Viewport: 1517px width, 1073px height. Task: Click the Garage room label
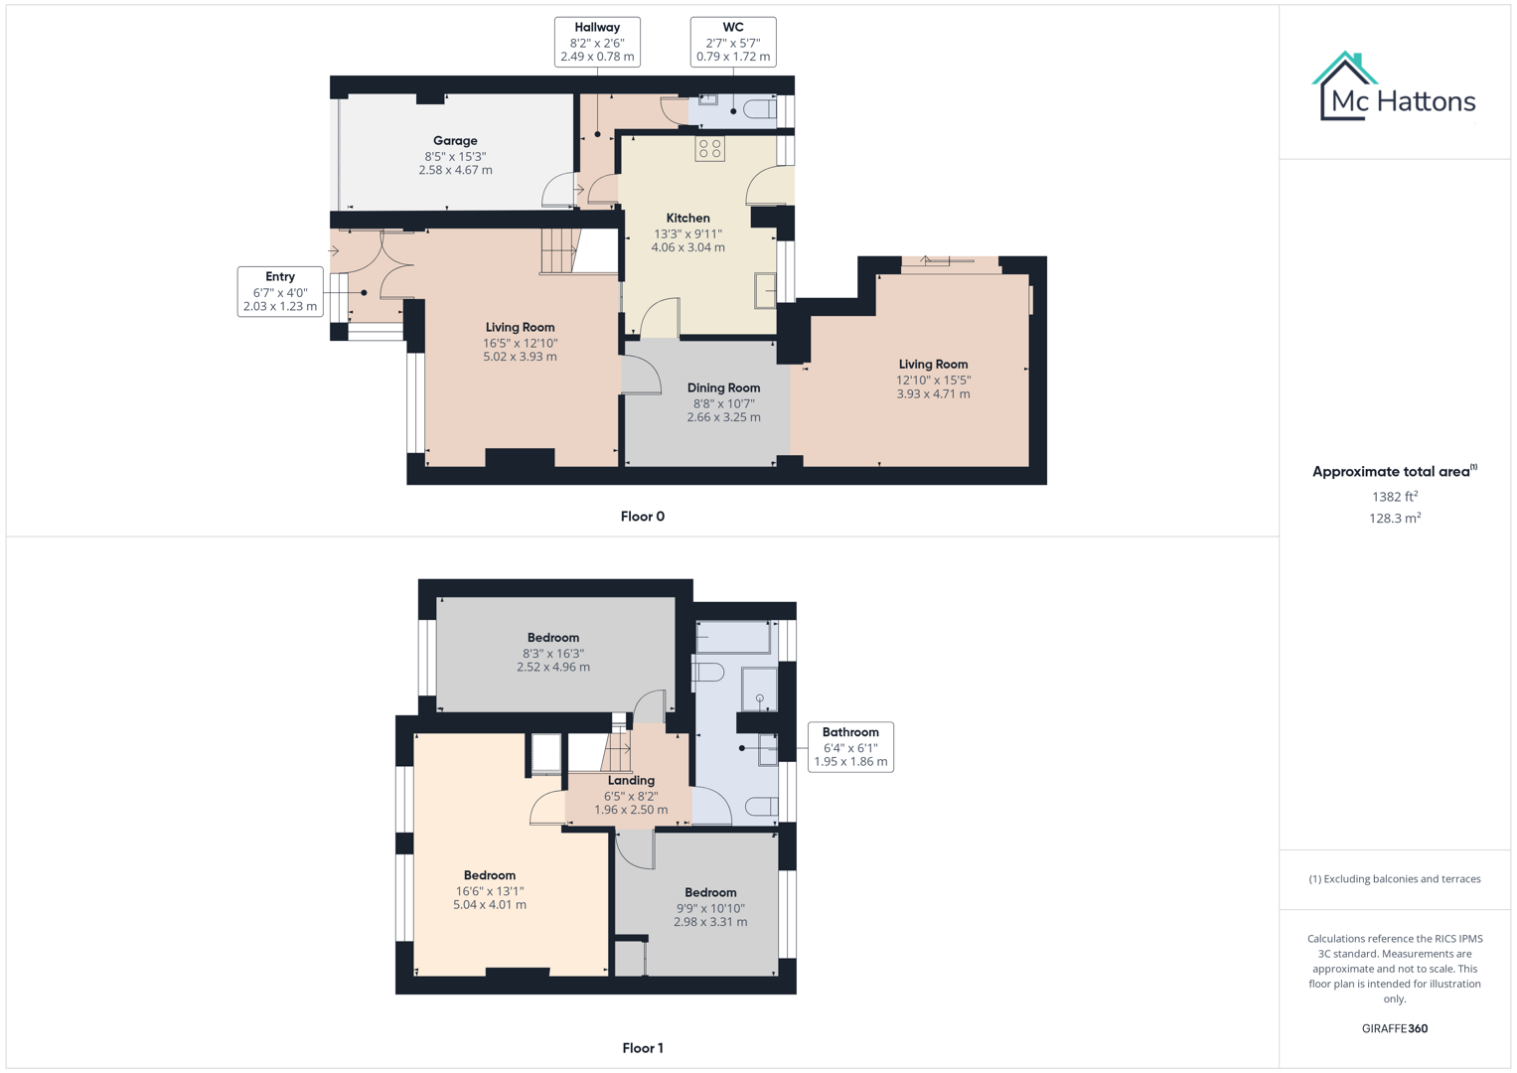click(x=455, y=141)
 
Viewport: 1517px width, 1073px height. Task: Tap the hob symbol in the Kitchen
click(x=709, y=149)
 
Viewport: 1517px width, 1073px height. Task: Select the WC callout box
click(x=733, y=42)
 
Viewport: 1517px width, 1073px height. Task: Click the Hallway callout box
click(x=597, y=42)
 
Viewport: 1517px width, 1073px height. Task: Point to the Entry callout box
click(x=280, y=291)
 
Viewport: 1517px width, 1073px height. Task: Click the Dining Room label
click(x=723, y=388)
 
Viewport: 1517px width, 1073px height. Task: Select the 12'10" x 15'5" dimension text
click(x=933, y=380)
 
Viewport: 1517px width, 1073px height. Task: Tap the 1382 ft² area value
click(x=1394, y=497)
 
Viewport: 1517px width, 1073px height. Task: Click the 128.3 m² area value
click(x=1394, y=519)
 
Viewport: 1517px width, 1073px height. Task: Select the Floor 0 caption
click(x=642, y=517)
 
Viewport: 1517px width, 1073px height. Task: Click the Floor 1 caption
click(x=642, y=1048)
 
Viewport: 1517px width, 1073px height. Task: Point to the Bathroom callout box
click(x=850, y=747)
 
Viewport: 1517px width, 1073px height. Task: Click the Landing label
click(x=631, y=781)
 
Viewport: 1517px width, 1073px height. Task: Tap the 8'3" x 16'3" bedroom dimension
click(x=553, y=654)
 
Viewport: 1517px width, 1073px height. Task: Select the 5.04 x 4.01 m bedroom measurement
click(x=490, y=905)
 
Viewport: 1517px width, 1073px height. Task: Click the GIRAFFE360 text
click(x=1394, y=1028)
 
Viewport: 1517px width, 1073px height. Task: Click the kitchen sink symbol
click(x=764, y=291)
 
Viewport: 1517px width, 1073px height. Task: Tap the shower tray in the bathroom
click(x=759, y=689)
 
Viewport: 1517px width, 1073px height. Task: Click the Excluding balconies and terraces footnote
click(x=1394, y=879)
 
